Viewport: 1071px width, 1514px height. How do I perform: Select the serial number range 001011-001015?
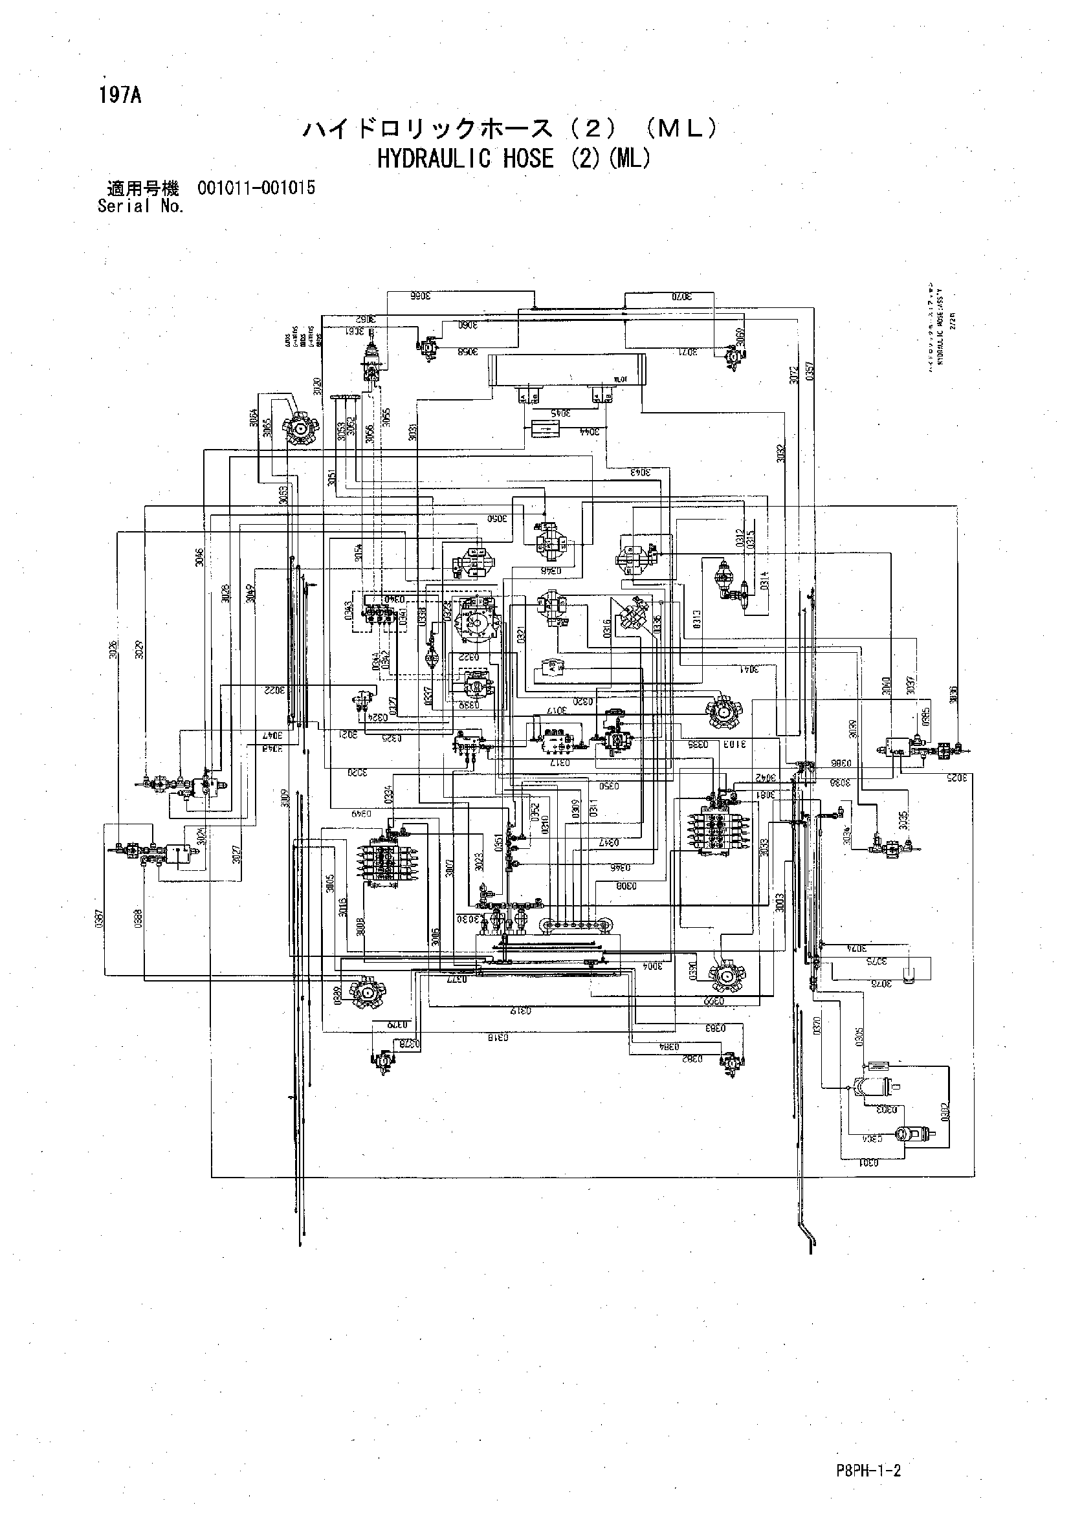point(256,188)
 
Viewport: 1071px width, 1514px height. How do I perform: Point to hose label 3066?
point(419,296)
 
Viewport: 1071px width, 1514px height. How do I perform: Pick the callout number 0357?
point(810,372)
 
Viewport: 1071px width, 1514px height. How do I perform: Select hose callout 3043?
point(640,472)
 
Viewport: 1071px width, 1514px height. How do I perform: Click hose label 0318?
point(498,1037)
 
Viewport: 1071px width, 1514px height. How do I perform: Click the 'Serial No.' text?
point(140,206)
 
